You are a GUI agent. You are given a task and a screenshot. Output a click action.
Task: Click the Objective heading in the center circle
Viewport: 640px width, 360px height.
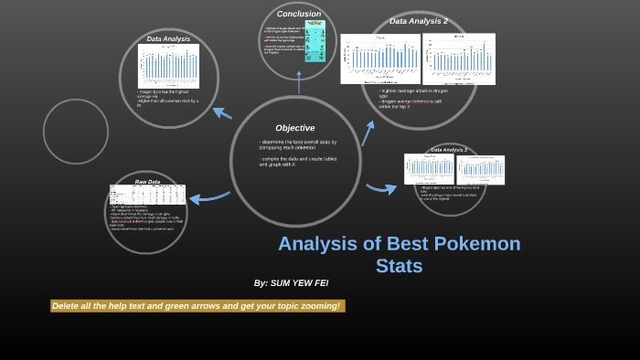coord(294,128)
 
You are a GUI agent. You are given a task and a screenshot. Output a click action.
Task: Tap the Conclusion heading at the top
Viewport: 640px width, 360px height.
coord(299,14)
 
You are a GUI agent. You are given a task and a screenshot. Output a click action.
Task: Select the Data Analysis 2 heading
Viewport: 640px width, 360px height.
coord(418,21)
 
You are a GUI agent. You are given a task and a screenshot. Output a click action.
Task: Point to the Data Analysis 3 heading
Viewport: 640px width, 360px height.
coord(449,150)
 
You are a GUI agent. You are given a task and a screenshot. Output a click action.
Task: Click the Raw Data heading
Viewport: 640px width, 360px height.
coord(147,182)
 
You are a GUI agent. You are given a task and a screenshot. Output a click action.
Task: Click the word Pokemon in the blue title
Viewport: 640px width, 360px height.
coord(475,244)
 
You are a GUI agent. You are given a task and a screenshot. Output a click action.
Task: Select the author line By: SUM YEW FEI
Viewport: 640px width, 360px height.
coord(291,283)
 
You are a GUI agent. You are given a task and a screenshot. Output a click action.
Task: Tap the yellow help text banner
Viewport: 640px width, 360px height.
coord(197,306)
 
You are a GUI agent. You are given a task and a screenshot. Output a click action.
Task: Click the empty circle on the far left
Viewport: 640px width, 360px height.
coord(76,131)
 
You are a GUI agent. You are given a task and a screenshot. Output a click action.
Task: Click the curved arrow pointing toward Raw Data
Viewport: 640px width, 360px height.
coord(209,196)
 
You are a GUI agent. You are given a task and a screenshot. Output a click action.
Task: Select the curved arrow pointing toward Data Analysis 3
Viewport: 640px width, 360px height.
coord(381,188)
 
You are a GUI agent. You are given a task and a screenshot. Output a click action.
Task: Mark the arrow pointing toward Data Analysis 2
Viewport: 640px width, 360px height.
coord(368,133)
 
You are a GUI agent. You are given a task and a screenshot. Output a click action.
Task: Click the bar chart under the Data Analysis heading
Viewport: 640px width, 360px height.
coord(168,67)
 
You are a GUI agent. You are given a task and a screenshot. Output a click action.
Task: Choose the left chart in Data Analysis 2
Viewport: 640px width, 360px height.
coord(380,58)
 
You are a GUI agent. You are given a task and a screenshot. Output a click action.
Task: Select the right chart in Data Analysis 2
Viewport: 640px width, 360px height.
coord(459,59)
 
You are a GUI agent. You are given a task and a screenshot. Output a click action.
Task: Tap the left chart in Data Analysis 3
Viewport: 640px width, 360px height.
coord(429,169)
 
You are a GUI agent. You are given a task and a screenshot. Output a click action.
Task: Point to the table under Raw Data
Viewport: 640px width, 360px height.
coord(147,195)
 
